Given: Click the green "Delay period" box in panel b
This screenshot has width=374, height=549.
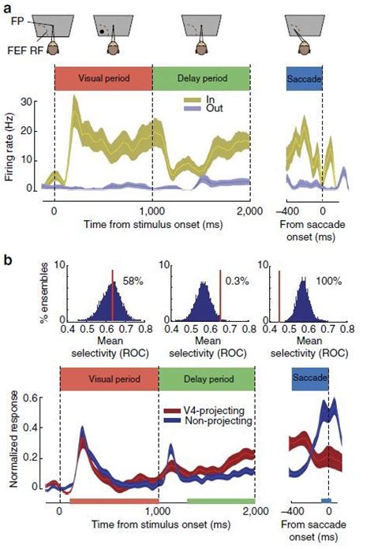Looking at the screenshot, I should click(207, 379).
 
